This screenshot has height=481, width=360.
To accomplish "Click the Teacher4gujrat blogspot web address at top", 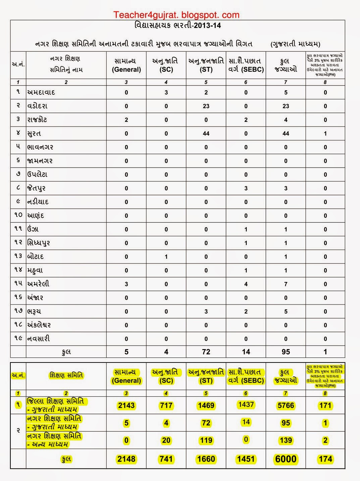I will pos(176,15).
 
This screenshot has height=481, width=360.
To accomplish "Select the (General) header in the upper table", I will pos(126,70).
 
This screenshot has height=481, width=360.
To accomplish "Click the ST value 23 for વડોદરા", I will pos(206,106).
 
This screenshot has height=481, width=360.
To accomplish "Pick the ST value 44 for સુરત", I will pos(206,134).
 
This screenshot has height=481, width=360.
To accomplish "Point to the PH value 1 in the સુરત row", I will pos(325,134).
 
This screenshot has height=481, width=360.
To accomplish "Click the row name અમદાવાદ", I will pos(41,92).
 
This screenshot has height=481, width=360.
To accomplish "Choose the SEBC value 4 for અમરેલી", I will pos(246,284).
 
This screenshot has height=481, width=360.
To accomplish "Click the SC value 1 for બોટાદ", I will pos(166,257).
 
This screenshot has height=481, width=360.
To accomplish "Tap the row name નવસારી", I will pos(39,339).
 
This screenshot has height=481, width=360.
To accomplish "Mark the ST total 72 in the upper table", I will pos(206,352).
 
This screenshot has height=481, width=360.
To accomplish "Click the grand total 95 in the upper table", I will pos(286,352).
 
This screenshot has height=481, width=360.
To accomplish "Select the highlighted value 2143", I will pos(126,405).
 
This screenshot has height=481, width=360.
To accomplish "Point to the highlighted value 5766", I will pos(286,405).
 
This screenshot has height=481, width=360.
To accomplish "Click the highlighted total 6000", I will pos(286,459).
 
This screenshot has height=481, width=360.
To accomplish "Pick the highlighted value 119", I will pos(206,440).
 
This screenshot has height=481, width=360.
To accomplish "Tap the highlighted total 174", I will pos(325,459).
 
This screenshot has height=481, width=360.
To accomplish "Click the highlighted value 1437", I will pos(246,404).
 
